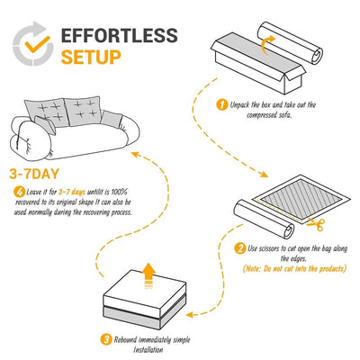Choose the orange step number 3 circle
[x=105, y=340]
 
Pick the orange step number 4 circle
[x=20, y=191]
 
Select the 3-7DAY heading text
[x=35, y=174]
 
